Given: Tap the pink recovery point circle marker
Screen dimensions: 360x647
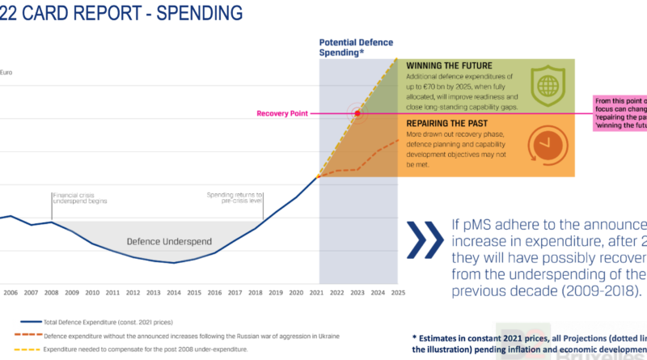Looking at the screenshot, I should coord(357,114).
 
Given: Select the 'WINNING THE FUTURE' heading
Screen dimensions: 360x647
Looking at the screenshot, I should coord(448,66).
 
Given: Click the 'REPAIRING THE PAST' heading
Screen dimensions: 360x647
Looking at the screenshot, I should coord(447,123).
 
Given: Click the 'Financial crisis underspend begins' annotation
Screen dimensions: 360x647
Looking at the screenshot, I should coord(79,198).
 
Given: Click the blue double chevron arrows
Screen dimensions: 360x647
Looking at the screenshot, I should coord(425,239).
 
